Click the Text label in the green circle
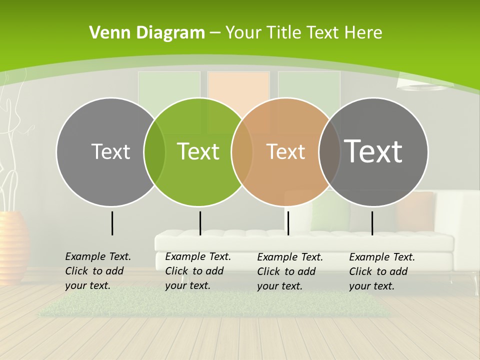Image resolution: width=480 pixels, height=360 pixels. point(198,151)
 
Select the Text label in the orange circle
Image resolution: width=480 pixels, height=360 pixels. point(285,151)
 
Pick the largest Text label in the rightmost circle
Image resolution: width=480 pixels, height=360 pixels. point(373,151)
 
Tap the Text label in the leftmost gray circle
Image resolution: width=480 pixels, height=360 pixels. point(110,151)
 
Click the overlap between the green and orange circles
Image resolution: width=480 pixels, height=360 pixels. point(242,151)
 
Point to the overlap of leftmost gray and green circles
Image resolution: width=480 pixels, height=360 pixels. point(154,151)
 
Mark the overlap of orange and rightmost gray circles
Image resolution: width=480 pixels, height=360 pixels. point(329,151)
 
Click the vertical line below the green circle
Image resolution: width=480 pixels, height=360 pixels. point(200,223)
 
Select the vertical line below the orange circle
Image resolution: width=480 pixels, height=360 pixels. point(288,223)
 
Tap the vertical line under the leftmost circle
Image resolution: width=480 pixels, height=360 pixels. point(112,223)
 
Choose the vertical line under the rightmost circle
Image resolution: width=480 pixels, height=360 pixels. point(372,223)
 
